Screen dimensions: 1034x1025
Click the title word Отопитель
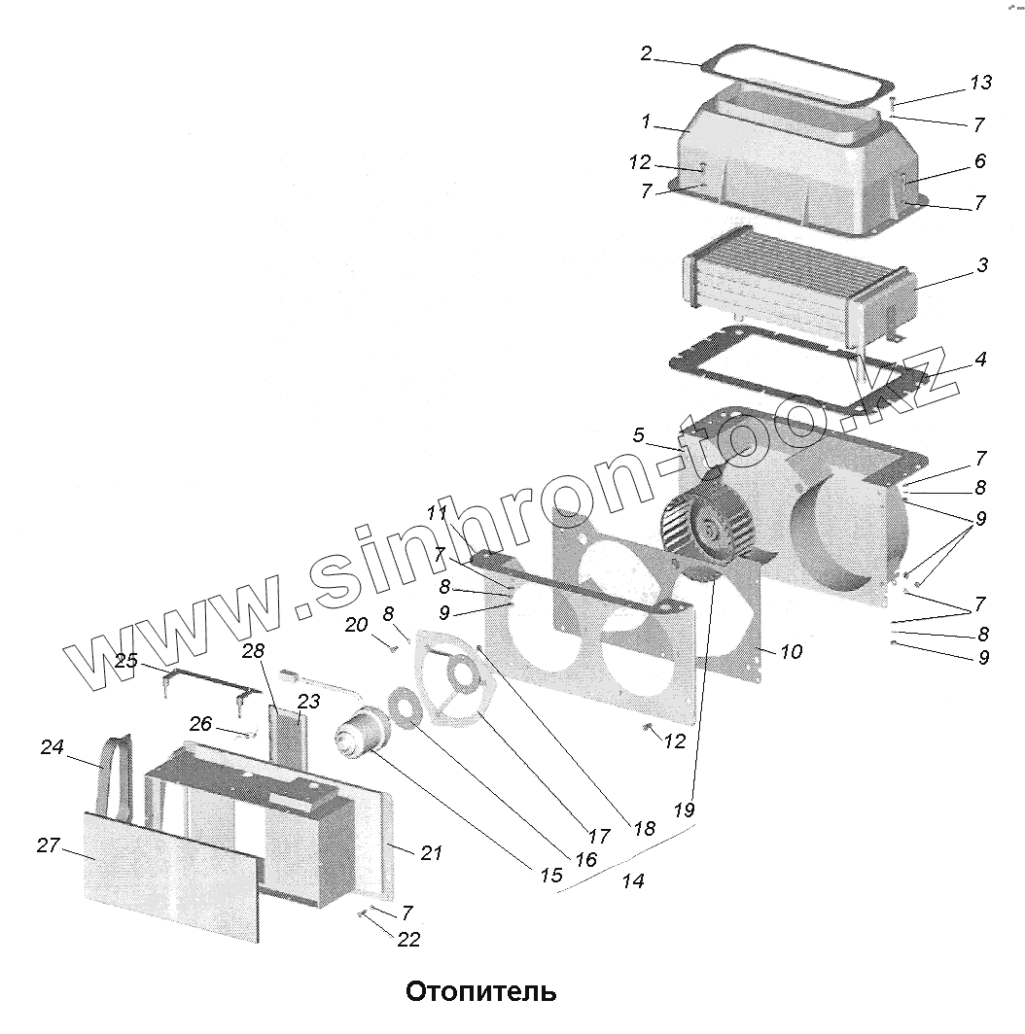tap(480, 992)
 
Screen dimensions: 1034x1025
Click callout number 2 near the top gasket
tap(646, 53)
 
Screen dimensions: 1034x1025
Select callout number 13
tap(980, 83)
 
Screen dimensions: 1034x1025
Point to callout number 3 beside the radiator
tap(982, 264)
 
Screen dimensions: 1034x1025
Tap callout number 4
tap(980, 360)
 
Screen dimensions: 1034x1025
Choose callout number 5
tap(638, 435)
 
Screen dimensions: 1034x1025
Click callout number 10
tap(791, 651)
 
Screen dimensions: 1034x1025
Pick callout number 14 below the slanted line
tap(633, 881)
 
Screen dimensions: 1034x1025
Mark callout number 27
tap(49, 845)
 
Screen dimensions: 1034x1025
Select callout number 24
tap(52, 747)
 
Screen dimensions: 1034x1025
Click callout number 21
tap(431, 853)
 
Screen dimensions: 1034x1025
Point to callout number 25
tap(126, 662)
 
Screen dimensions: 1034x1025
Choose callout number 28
tap(253, 651)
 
